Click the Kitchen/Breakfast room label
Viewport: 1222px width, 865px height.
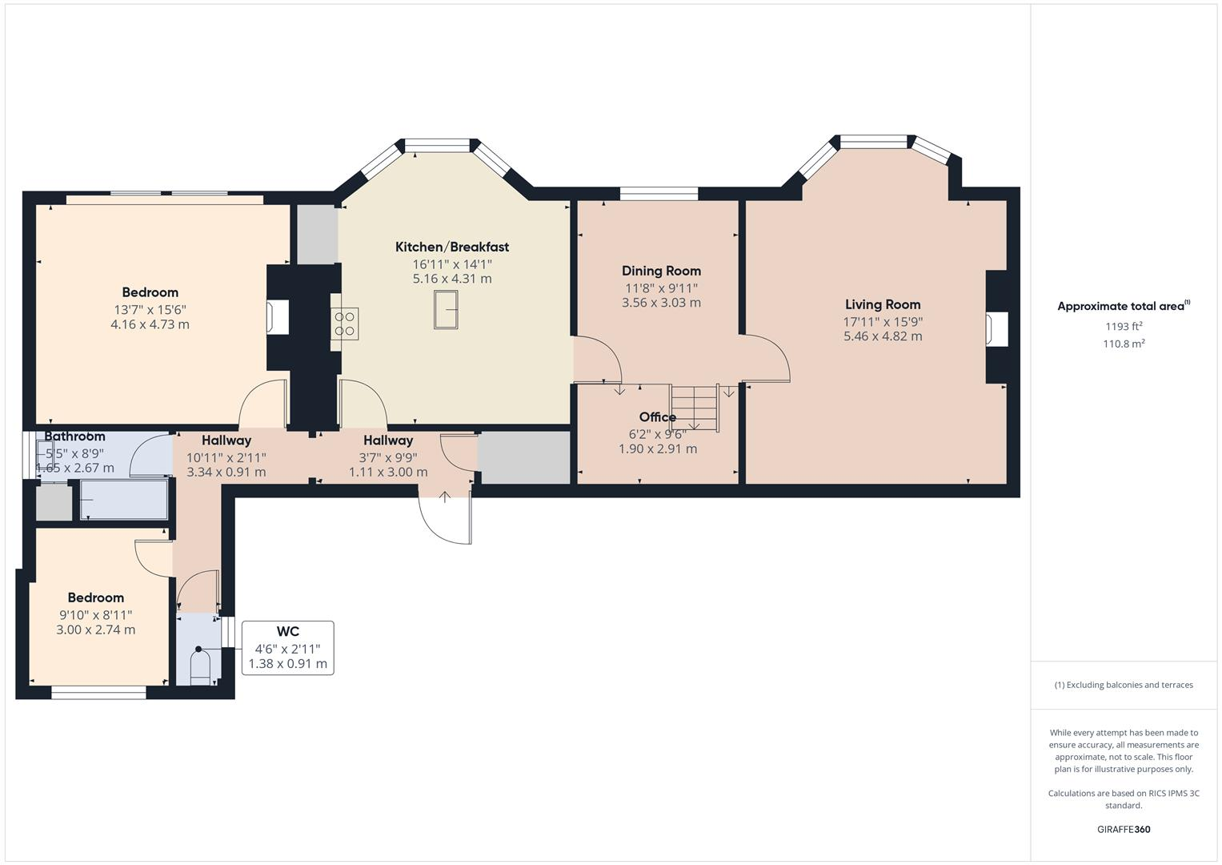tap(451, 247)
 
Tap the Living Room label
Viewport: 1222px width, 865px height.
tap(883, 304)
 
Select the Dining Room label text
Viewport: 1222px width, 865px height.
tap(661, 271)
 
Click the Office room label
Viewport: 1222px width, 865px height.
tap(657, 417)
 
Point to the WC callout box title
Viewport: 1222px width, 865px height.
tap(287, 632)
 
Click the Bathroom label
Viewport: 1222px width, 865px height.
tap(74, 437)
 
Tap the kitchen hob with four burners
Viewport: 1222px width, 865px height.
tap(345, 324)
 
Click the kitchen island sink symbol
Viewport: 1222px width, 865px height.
tap(447, 309)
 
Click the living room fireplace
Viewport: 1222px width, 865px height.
tap(996, 329)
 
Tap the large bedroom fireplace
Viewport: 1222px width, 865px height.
tap(278, 316)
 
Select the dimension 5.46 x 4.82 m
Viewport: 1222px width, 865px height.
tap(883, 336)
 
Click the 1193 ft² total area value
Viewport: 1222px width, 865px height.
tap(1124, 326)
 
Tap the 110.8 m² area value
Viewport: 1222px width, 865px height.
tap(1124, 344)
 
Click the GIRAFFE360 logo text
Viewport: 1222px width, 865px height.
tap(1124, 829)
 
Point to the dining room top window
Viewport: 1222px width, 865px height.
tap(659, 193)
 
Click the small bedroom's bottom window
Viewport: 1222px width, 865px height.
tap(98, 692)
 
